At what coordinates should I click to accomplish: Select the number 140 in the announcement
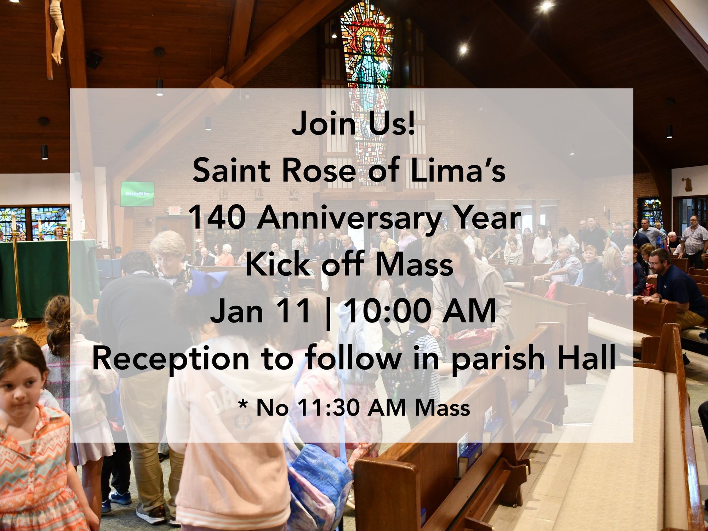217,218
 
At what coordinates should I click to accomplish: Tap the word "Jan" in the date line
236,311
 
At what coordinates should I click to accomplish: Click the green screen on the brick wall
137,194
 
